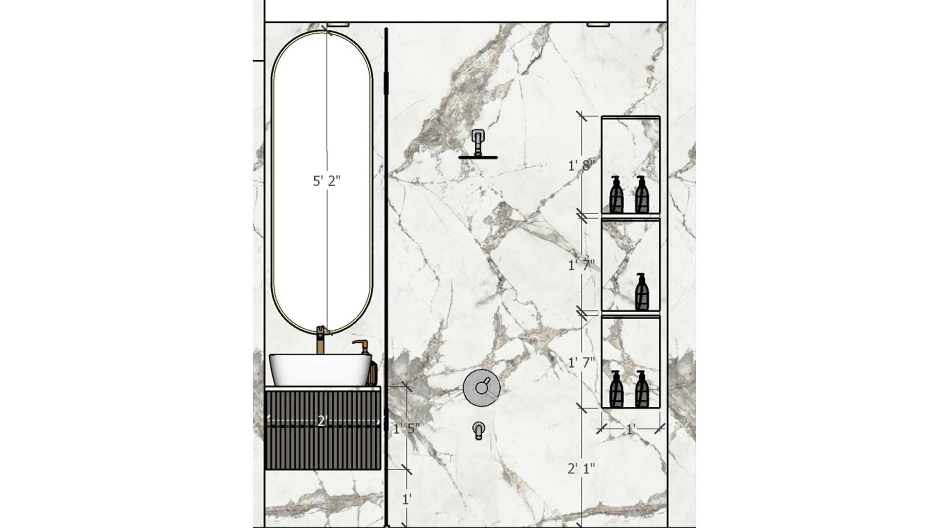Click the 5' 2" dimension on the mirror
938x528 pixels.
coord(326,181)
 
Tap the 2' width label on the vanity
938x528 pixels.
coord(321,421)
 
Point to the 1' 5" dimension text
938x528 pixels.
coord(406,429)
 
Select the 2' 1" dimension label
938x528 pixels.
coord(581,469)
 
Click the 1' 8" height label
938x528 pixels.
coord(581,166)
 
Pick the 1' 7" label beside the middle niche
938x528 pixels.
coord(581,265)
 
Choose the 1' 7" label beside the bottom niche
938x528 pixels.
coord(581,362)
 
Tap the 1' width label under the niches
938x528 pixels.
coord(630,430)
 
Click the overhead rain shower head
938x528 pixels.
coord(478,145)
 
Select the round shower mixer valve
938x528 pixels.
coord(482,388)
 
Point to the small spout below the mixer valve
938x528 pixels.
coord(479,431)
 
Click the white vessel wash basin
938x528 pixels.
coord(320,370)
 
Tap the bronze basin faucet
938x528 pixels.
coord(320,339)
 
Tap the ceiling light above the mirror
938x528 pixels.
coord(337,23)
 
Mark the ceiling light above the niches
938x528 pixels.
coord(597,23)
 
